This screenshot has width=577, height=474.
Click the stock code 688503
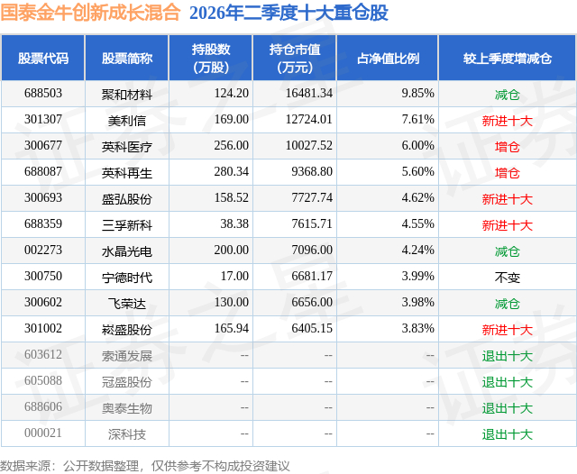pyautogui.click(x=43, y=94)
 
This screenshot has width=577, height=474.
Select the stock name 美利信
pyautogui.click(x=126, y=121)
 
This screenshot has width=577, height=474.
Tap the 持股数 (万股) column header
pyautogui.click(x=211, y=58)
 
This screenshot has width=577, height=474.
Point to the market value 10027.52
pyautogui.click(x=309, y=146)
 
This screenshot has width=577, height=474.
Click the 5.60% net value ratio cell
pyautogui.click(x=417, y=172)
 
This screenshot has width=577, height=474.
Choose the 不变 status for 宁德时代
pyautogui.click(x=507, y=278)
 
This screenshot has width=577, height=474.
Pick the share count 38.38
pyautogui.click(x=234, y=224)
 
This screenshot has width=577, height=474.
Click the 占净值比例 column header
pyautogui.click(x=388, y=59)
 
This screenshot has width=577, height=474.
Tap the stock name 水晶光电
pyautogui.click(x=126, y=251)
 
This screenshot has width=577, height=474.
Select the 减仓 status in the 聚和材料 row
pyautogui.click(x=507, y=95)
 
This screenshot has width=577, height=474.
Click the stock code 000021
pyautogui.click(x=43, y=433)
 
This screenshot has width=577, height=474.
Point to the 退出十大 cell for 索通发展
pyautogui.click(x=507, y=356)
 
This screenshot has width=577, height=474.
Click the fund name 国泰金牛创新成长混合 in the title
pyautogui.click(x=90, y=13)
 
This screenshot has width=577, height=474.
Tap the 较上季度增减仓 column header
pyautogui.click(x=507, y=59)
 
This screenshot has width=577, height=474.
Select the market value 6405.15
pyautogui.click(x=312, y=328)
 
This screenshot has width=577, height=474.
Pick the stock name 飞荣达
pyautogui.click(x=126, y=304)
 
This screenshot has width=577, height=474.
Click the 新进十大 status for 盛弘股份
pyautogui.click(x=507, y=199)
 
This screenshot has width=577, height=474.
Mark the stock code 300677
pyautogui.click(x=43, y=146)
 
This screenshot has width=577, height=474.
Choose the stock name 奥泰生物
pyautogui.click(x=126, y=408)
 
